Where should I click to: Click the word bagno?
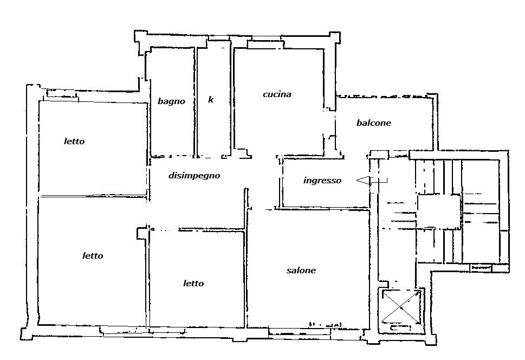point(171,101)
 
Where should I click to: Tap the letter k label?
point(211,100)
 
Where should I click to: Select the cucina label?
point(277,94)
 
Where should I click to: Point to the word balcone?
point(374,123)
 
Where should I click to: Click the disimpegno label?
point(194,175)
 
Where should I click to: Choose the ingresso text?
point(322,181)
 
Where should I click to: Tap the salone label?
point(301,270)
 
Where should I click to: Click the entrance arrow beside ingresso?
point(371,181)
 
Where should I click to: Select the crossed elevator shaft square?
point(401,307)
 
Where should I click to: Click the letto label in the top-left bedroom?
point(74,141)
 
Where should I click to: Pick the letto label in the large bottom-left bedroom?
point(93,256)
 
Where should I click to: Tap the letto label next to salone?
point(193,284)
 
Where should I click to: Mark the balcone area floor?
point(385,134)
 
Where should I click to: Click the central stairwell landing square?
point(439,211)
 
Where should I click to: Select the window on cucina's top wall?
point(266,44)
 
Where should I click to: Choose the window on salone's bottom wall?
point(300,332)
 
